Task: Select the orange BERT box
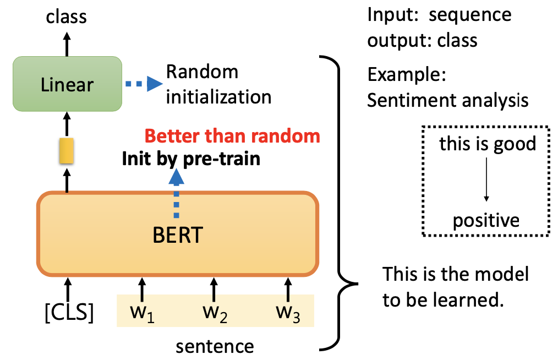pyautogui.click(x=177, y=233)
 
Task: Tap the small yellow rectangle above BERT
pyautogui.click(x=67, y=151)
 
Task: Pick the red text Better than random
pyautogui.click(x=235, y=135)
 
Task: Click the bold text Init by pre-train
pyautogui.click(x=191, y=159)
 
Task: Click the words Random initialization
pyautogui.click(x=218, y=84)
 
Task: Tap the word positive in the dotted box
pyautogui.click(x=486, y=220)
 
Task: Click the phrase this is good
pyautogui.click(x=488, y=144)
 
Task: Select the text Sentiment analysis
pyautogui.click(x=448, y=100)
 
